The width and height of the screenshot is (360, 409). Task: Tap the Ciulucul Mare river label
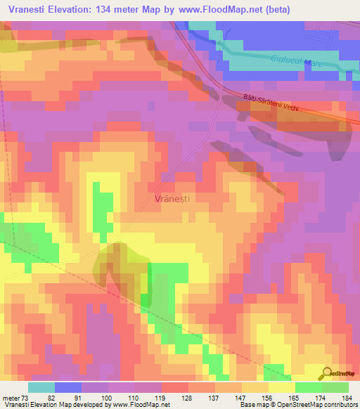tap(295, 63)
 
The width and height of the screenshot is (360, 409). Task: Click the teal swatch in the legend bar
tap(41, 387)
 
